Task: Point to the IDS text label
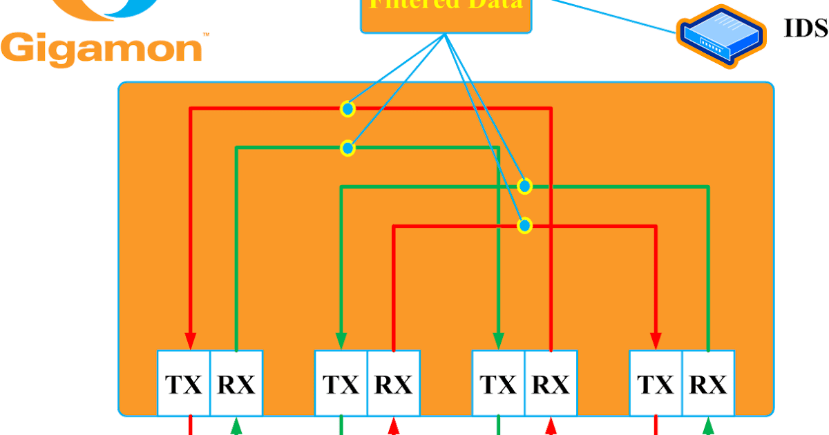[806, 29]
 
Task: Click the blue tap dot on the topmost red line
[347, 108]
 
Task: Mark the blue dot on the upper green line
[347, 148]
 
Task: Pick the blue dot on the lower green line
[524, 186]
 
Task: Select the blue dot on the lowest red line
[524, 225]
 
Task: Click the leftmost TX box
[184, 383]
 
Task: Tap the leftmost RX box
[236, 383]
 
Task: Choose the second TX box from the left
[341, 383]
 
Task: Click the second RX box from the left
[394, 383]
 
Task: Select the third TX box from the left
[498, 383]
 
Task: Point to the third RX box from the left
[551, 383]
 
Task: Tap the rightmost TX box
[656, 383]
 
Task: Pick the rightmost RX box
[708, 383]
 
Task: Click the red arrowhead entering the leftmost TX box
[191, 340]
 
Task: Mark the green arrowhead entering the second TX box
[341, 340]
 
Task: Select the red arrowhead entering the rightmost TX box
[656, 340]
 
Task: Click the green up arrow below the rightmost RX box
[708, 427]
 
